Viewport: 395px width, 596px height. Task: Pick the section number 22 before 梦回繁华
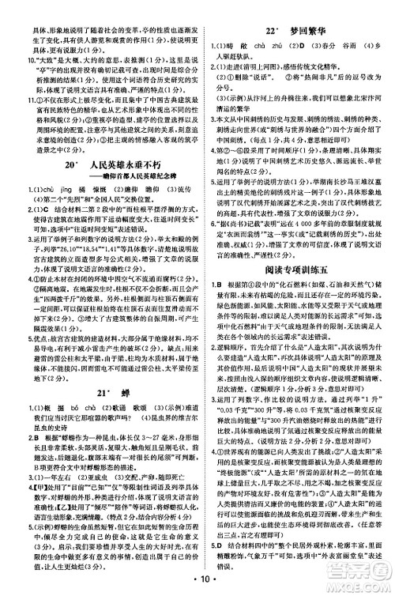[x=271, y=10]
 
